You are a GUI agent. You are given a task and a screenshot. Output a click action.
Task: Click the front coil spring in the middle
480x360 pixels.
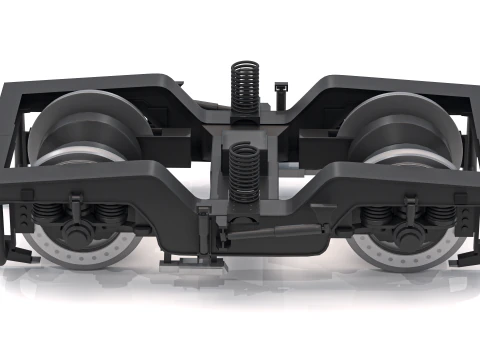click(x=244, y=170)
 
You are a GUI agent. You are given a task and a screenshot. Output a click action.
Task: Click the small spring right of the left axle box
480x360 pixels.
click(x=105, y=214)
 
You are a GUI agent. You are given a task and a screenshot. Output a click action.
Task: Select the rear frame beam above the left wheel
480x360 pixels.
click(x=100, y=82)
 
